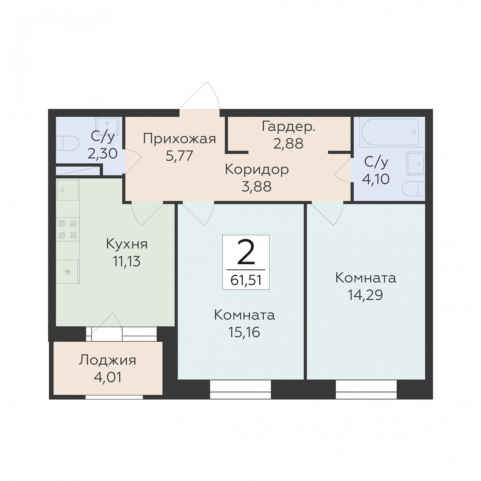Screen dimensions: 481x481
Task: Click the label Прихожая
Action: (x=179, y=139)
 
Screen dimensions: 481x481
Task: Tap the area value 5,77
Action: (x=179, y=155)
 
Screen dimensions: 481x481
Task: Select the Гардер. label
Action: (x=288, y=127)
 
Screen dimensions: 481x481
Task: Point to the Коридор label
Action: (x=257, y=170)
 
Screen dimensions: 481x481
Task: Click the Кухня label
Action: (x=127, y=244)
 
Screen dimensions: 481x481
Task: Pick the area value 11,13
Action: (x=126, y=261)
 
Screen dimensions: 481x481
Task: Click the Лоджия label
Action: (x=107, y=360)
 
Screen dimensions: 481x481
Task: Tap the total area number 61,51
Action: (x=246, y=280)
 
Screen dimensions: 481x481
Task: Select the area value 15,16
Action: (x=244, y=332)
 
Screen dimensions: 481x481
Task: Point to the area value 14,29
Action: (x=365, y=295)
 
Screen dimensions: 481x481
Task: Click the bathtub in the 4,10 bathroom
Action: (x=389, y=132)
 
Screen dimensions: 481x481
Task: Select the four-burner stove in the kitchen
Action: (x=68, y=230)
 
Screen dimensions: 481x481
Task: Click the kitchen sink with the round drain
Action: (x=68, y=190)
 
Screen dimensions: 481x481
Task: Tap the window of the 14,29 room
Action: (x=366, y=390)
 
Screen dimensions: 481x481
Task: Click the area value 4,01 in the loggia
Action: (x=107, y=378)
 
